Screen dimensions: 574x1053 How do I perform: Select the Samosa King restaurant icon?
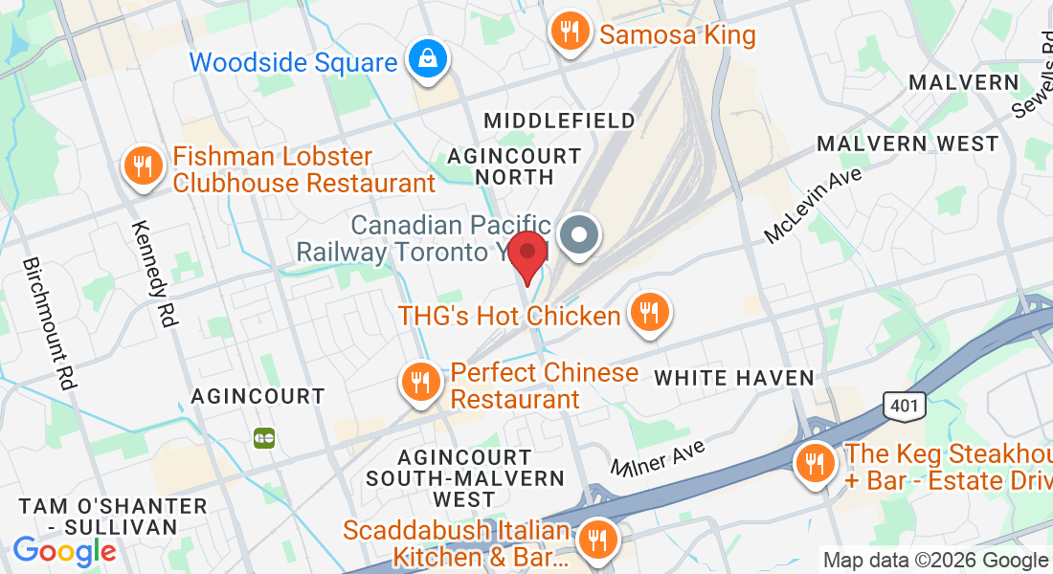(x=570, y=33)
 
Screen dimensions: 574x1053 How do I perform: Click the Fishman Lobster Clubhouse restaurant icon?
(x=143, y=167)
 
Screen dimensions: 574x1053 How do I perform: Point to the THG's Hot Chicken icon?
(x=649, y=313)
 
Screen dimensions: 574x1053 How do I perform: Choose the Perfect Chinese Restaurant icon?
(x=419, y=383)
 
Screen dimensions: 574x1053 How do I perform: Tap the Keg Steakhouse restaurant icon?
(x=815, y=466)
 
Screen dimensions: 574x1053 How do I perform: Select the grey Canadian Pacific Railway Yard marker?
(x=578, y=235)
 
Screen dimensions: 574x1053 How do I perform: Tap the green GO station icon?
(x=263, y=438)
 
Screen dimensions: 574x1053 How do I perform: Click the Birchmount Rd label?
(x=49, y=322)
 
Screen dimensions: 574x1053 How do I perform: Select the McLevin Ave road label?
(x=813, y=205)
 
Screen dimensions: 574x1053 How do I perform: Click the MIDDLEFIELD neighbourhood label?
(x=559, y=121)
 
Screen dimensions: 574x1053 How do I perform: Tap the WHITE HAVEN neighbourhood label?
(x=733, y=378)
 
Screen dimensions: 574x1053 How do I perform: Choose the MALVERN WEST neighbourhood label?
(x=907, y=143)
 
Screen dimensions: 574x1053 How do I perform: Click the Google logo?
(x=64, y=551)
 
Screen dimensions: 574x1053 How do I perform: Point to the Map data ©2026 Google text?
(x=935, y=561)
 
